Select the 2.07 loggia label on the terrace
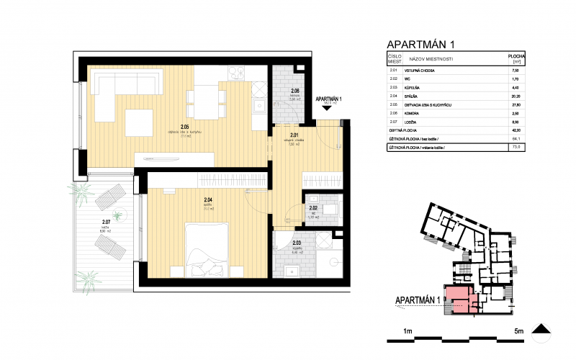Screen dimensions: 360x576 pyautogui.click(x=106, y=222)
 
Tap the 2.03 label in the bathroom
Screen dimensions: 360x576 pyautogui.click(x=296, y=243)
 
